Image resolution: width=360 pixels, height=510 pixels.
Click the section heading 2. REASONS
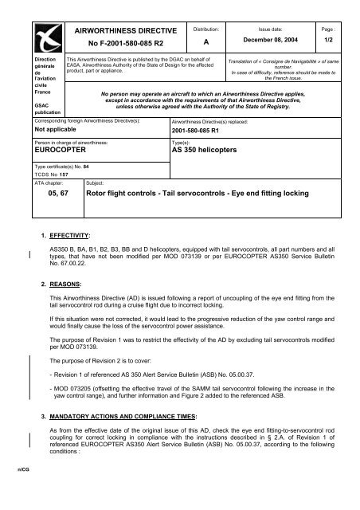point(68,283)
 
